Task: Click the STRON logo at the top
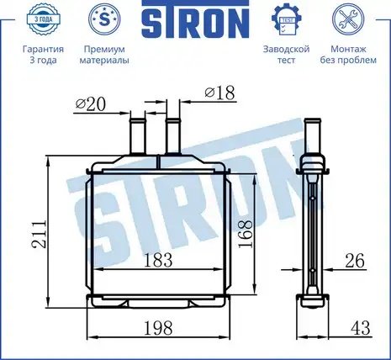[195, 19]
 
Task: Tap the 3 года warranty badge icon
[43, 19]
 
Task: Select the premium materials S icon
[104, 19]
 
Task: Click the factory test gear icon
[287, 19]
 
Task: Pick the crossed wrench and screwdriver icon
[348, 19]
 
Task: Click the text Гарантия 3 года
[43, 55]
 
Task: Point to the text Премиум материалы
[104, 55]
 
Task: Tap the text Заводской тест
[287, 55]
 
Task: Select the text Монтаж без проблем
[348, 55]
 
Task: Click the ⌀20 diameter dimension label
[91, 104]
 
